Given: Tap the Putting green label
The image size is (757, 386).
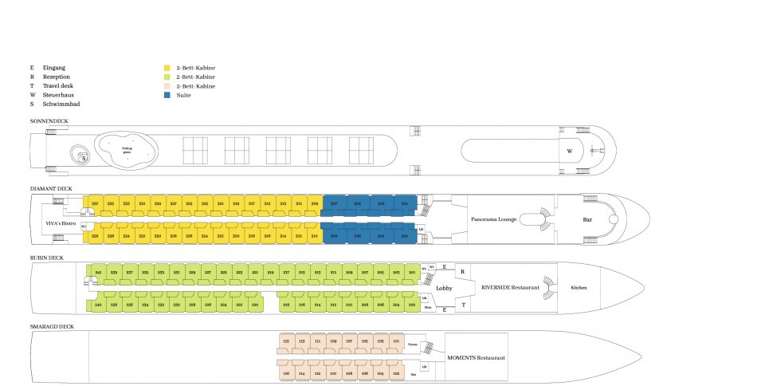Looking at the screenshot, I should point(127,149).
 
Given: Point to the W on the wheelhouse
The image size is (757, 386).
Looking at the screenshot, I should point(569,150).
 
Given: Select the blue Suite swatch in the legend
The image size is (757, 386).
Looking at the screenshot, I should point(167,95).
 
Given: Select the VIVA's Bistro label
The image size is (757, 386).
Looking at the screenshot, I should point(60,224).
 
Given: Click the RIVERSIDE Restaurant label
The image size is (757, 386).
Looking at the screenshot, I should point(510,286).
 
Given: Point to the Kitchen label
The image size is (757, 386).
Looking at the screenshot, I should point(579,287).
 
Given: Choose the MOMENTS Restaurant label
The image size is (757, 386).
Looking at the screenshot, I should point(476,357).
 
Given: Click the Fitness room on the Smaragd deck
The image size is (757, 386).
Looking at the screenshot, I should point(412,345).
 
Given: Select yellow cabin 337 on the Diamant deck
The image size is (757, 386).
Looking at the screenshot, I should point(96,204).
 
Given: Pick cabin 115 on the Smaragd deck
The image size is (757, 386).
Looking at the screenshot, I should point(286,341).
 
